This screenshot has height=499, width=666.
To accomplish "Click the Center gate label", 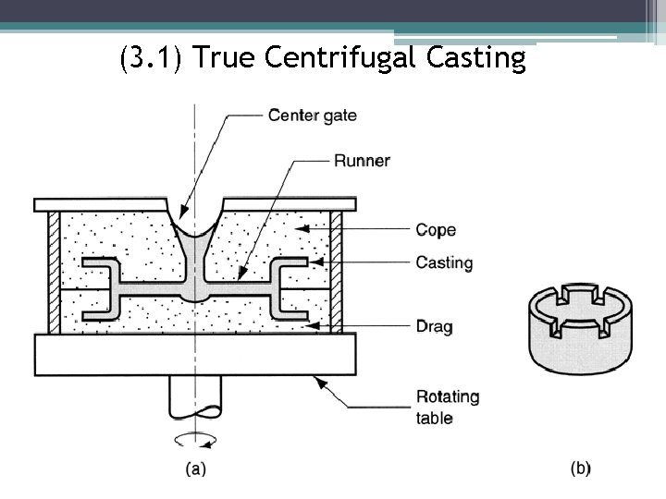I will coord(312,116).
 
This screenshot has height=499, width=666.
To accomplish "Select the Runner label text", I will coord(362,161).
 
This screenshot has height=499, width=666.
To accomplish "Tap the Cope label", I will coord(436,230).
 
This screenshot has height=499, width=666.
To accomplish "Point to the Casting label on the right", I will coord(444,263).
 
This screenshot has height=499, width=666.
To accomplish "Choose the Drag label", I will coord(434,326).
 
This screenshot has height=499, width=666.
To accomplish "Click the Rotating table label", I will coord(448,407).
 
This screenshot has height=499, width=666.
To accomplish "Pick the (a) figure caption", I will coord(195,469).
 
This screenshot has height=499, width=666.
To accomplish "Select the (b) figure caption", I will coord(580,469).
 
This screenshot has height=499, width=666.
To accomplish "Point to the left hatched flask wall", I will coord(54,272).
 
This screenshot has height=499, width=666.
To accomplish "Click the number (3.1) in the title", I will coord(154,58).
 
